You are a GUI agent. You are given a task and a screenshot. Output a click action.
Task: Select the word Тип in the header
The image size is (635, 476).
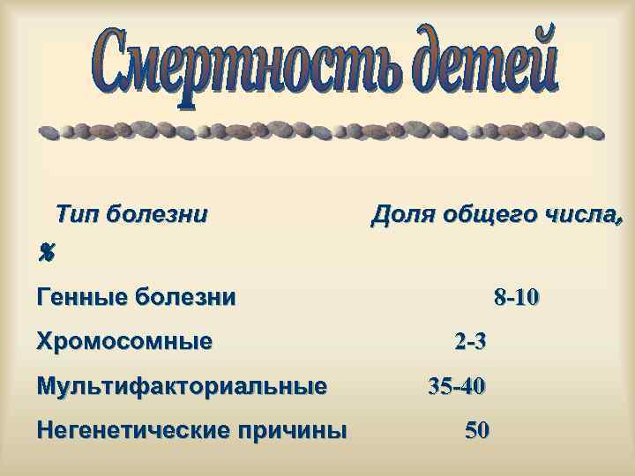pyautogui.click(x=76, y=214)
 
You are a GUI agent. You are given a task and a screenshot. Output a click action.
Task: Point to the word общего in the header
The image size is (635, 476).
pyautogui.click(x=482, y=214)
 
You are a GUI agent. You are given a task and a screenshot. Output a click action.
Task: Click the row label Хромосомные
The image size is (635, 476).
pyautogui.click(x=124, y=341)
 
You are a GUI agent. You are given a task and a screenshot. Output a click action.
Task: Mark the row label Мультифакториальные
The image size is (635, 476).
pyautogui.click(x=182, y=386)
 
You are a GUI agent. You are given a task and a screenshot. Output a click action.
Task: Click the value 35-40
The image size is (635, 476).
pyautogui.click(x=456, y=386)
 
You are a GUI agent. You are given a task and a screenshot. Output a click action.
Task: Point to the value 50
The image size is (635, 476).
pyautogui.click(x=477, y=431)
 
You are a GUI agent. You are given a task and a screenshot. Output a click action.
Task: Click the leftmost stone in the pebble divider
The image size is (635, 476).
pyautogui.click(x=50, y=134)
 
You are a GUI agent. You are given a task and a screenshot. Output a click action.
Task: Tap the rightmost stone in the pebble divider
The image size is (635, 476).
pyautogui.click(x=594, y=133)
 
